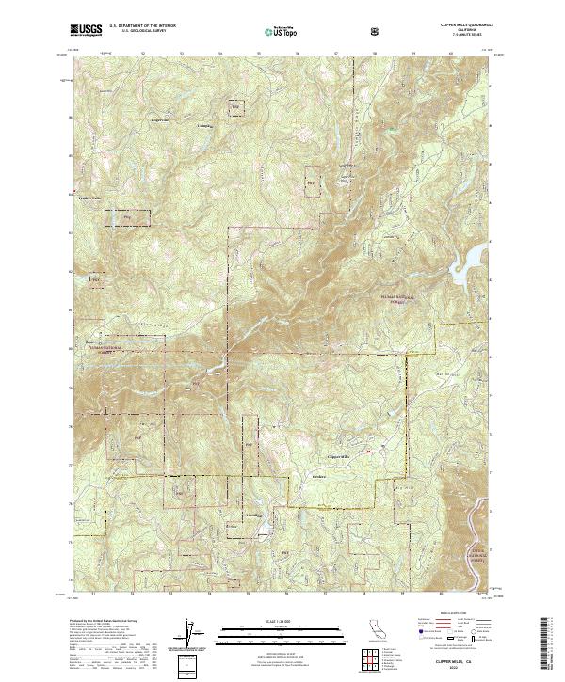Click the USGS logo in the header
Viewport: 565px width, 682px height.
point(87,31)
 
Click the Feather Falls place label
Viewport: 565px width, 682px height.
point(89,199)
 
